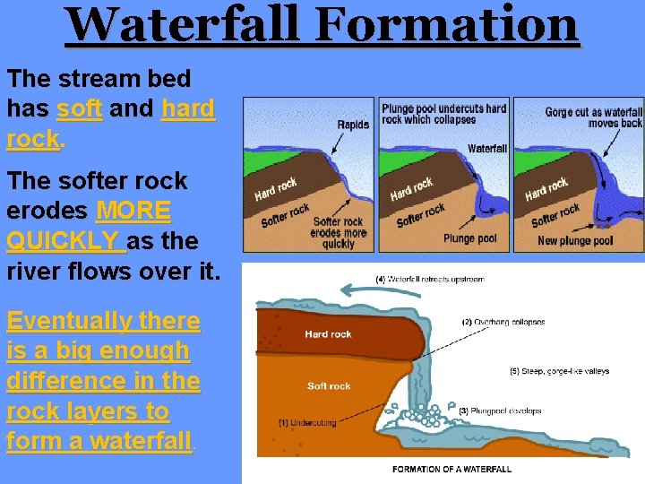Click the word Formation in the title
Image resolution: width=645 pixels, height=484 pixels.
[x=447, y=24]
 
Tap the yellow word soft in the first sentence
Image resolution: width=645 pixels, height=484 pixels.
[x=79, y=109]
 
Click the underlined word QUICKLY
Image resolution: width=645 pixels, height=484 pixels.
[x=63, y=242]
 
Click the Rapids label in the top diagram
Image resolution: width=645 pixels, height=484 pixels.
[x=353, y=125]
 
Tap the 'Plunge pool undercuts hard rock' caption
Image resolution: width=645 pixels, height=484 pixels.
[x=443, y=114]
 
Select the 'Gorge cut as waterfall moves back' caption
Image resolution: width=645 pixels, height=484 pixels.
[x=593, y=117]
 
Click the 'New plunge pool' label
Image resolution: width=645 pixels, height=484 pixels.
[x=575, y=240]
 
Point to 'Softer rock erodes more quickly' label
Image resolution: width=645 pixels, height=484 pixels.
[x=338, y=233]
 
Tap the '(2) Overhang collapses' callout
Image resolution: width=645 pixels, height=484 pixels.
[x=503, y=322]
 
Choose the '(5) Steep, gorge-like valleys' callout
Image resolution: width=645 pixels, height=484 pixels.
[x=552, y=371]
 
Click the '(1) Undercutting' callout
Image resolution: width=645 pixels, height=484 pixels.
[x=308, y=421]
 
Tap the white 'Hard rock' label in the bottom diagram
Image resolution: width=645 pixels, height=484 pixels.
[x=328, y=334]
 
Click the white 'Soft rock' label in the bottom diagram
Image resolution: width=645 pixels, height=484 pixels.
[x=328, y=386]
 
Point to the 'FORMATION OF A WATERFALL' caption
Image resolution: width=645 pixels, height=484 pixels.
[x=451, y=469]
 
